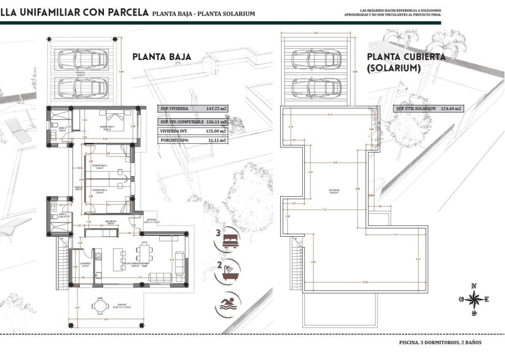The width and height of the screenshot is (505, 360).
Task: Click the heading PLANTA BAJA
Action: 162,57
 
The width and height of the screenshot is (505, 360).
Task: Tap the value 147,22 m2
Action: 216,109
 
